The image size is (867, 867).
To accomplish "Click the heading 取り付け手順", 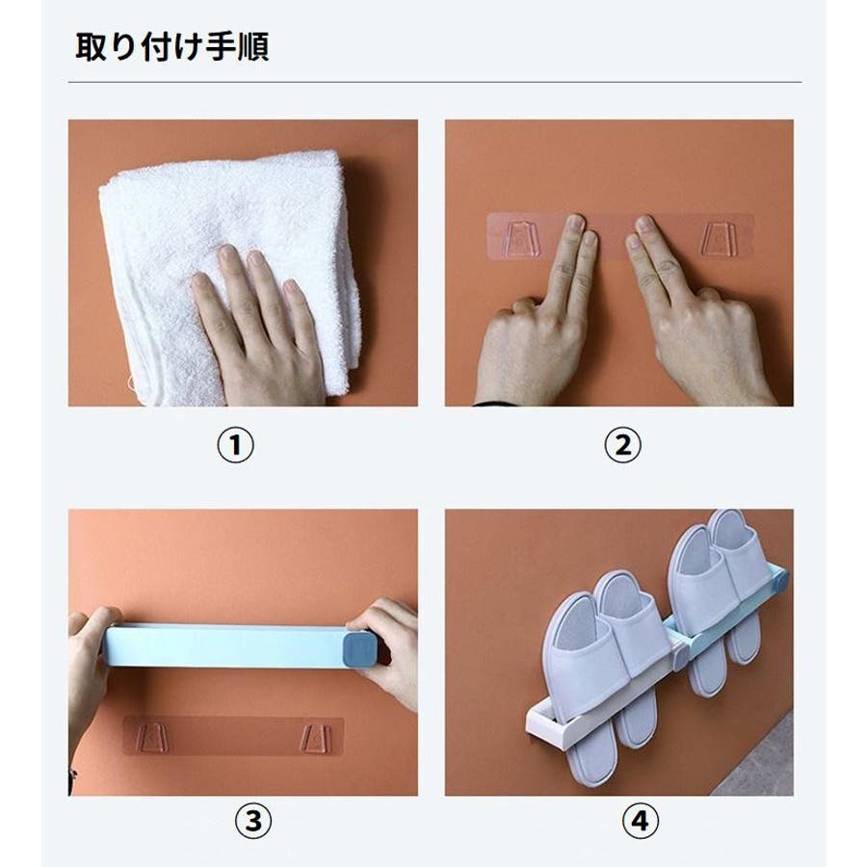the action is click(x=172, y=46).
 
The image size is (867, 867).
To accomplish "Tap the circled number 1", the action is click(x=236, y=446).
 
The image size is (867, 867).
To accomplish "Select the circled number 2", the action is click(x=622, y=446).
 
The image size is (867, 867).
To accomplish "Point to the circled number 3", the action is click(x=253, y=821).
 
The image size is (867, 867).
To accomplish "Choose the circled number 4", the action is click(x=640, y=821).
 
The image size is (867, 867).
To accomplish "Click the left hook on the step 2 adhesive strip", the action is click(x=521, y=239).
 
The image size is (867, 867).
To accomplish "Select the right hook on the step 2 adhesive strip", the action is click(x=720, y=239).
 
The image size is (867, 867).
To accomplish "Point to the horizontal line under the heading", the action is click(x=434, y=83).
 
